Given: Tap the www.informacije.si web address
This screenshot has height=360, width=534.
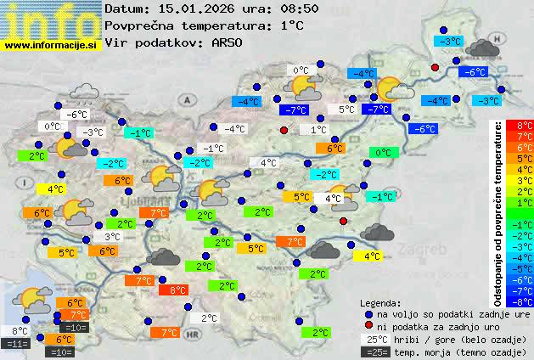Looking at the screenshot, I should pyautogui.click(x=51, y=46).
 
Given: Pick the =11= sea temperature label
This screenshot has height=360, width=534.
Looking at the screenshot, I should pyautogui.click(x=15, y=343).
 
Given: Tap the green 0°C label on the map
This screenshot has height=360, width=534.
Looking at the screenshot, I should pyautogui.click(x=384, y=153).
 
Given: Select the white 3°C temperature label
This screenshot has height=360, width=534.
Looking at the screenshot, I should pyautogui.click(x=112, y=237).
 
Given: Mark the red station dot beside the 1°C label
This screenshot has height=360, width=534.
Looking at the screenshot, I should pyautogui.click(x=284, y=130).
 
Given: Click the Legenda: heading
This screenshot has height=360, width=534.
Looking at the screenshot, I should pyautogui.click(x=381, y=302).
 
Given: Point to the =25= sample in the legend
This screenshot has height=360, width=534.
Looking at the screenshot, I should pyautogui.click(x=374, y=351).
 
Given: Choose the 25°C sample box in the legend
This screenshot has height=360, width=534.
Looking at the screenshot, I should pyautogui.click(x=374, y=339).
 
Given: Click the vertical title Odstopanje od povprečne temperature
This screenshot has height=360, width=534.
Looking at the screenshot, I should pyautogui.click(x=497, y=212).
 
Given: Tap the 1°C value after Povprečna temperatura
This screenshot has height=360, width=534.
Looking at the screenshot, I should pyautogui.click(x=291, y=25).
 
